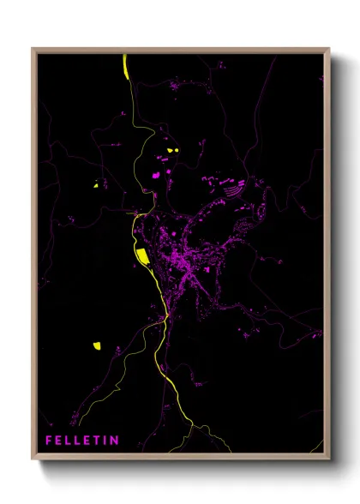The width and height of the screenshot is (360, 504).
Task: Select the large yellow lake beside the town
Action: pos(141,255)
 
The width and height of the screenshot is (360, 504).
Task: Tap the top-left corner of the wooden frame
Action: pos(33,49)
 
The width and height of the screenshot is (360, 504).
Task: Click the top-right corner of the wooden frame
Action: pos(328,49)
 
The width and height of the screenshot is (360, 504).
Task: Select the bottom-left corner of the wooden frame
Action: pos(33,459)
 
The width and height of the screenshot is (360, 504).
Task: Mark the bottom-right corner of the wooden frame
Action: pos(328,459)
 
